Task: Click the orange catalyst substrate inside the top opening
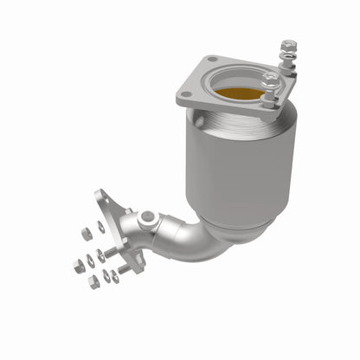(238, 93)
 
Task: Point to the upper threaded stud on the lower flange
(110, 252)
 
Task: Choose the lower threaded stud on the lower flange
(124, 269)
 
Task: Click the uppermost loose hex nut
(86, 233)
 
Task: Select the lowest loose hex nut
(94, 282)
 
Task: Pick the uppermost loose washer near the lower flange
(101, 227)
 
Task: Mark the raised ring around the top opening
(238, 83)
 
